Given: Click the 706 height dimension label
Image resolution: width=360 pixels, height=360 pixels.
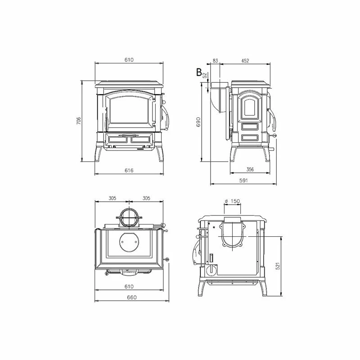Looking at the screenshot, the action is (x=78, y=121).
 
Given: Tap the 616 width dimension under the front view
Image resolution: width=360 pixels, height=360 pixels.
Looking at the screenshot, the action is (x=129, y=171).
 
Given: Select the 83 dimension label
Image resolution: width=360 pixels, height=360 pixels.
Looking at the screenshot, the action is (x=215, y=61).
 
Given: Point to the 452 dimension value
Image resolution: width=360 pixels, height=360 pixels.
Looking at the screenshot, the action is (x=245, y=61).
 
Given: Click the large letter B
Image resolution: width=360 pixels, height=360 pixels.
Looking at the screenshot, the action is (x=199, y=72).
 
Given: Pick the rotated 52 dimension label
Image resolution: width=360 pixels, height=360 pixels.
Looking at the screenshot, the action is (x=205, y=75).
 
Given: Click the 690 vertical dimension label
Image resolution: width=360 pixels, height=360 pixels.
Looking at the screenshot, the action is (x=198, y=122).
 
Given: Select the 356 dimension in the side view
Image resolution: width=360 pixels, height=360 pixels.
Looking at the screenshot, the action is (x=250, y=170).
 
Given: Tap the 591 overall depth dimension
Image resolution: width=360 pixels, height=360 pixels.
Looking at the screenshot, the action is (x=243, y=180).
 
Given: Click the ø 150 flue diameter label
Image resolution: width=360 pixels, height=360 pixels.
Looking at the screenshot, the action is (x=232, y=201).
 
